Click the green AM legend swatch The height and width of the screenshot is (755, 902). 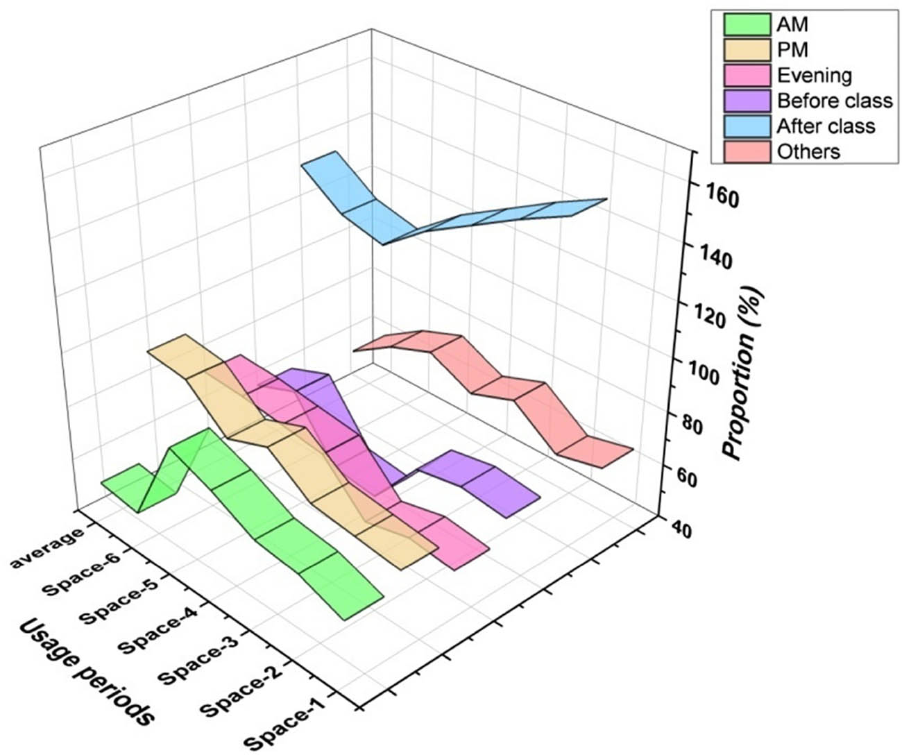click(747, 25)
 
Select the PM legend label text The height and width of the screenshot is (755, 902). click(792, 50)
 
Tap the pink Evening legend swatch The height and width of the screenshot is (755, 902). click(747, 75)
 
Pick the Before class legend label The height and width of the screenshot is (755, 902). click(834, 101)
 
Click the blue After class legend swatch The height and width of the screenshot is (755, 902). click(747, 126)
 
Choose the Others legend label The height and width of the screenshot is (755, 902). click(808, 151)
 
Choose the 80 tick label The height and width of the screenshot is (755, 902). click(701, 425)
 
